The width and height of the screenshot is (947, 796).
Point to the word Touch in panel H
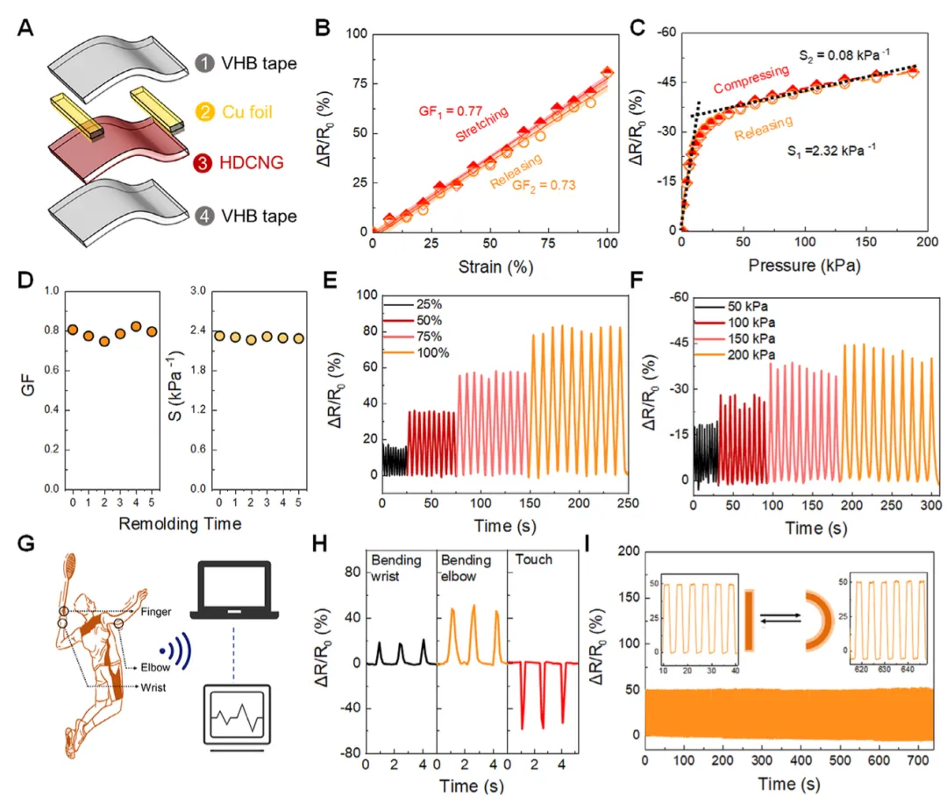pyautogui.click(x=534, y=558)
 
